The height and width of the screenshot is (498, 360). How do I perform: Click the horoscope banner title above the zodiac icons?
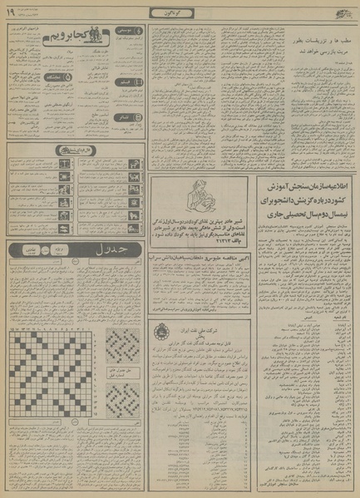(x=75, y=150)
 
